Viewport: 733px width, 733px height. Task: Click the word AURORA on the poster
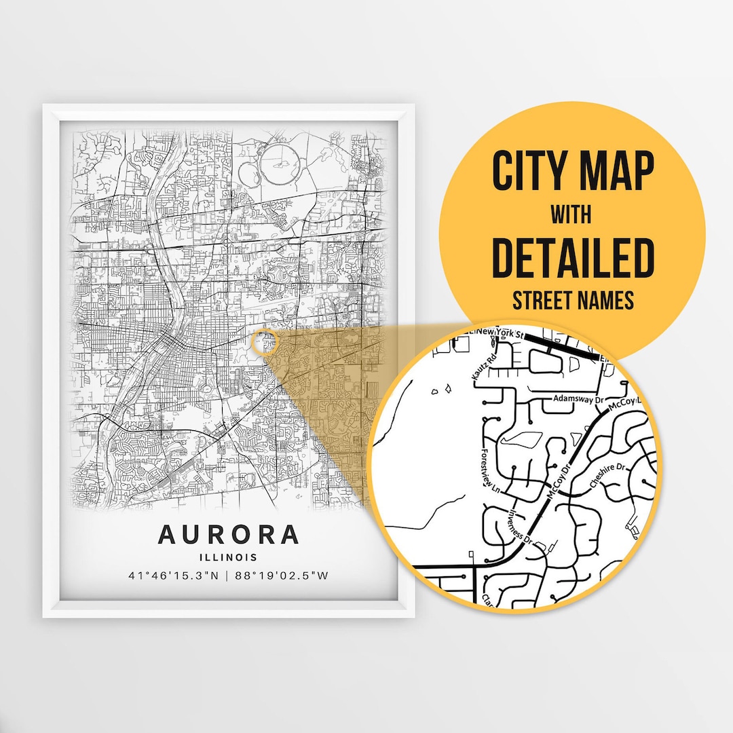pos(228,535)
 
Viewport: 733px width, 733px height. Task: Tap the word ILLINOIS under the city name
pos(228,558)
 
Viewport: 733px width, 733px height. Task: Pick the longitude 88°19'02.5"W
pos(284,576)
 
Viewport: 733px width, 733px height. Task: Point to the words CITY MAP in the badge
pos(572,172)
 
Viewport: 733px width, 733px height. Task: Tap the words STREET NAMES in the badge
pos(572,299)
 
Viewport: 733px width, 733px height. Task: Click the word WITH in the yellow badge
pos(572,215)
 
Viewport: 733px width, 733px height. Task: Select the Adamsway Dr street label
pos(578,398)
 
